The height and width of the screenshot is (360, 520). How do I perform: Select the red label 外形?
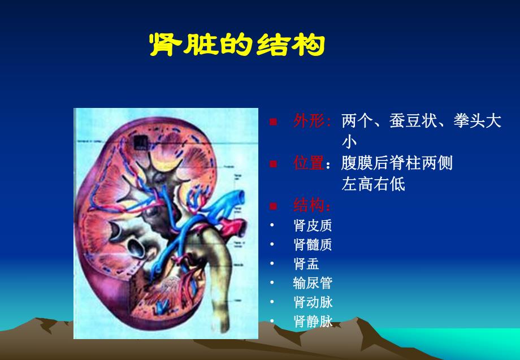click(311, 121)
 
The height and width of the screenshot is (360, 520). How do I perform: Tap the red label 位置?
click(309, 163)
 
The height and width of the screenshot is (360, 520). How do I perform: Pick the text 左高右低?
click(373, 184)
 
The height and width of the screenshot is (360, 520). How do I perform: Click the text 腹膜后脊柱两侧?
click(397, 163)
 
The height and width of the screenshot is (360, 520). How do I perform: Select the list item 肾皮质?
click(313, 225)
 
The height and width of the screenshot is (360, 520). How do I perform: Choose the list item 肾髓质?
click(313, 245)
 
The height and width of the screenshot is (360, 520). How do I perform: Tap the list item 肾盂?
click(306, 264)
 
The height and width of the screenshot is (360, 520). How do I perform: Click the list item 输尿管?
click(313, 283)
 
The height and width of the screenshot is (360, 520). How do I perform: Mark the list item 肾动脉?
click(313, 302)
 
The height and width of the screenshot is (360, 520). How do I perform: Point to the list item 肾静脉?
click(313, 322)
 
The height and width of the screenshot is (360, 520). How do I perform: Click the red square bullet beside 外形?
click(273, 122)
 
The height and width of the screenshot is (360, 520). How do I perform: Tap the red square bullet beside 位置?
click(273, 164)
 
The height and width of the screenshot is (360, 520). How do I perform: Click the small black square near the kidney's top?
click(139, 137)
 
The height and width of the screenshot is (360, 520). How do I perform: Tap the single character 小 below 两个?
click(349, 142)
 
